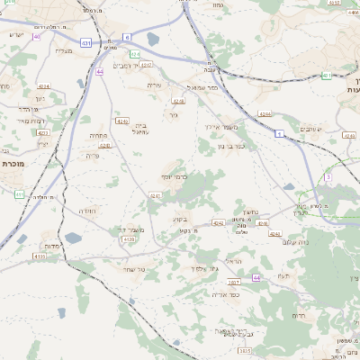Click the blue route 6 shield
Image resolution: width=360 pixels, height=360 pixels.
point(127,36)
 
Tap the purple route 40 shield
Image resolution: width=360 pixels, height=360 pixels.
point(37,37)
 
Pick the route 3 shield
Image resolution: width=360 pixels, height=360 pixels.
point(328,177)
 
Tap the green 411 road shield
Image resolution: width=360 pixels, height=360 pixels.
point(20,193)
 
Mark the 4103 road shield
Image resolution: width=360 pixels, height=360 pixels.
point(39,256)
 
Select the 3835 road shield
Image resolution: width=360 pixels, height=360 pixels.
point(244,350)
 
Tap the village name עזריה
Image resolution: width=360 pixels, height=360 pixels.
point(153,85)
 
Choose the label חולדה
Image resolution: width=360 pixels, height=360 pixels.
point(87,210)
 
